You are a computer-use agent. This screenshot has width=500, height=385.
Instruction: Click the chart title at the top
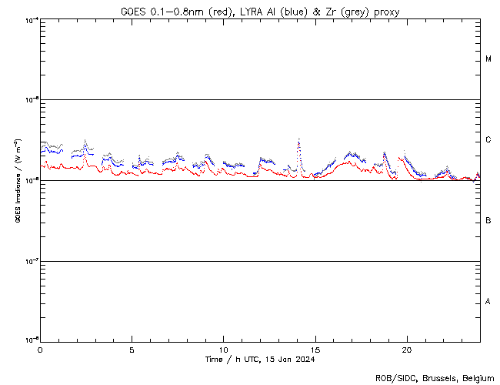click(x=260, y=12)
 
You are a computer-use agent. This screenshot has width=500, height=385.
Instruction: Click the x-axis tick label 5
click(x=132, y=350)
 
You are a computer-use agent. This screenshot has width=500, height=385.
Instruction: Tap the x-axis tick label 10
click(x=223, y=350)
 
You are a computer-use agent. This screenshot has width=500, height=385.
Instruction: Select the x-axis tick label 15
click(x=315, y=350)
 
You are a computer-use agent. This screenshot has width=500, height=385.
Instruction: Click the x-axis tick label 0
click(x=40, y=350)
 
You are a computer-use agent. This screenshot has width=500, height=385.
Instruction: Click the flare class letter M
click(x=488, y=59)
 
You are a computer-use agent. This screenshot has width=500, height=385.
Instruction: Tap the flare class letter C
click(x=488, y=140)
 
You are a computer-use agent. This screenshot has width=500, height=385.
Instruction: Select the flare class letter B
click(x=488, y=221)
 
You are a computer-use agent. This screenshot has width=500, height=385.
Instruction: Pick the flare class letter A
click(x=488, y=302)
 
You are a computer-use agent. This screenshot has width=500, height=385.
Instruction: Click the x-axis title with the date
click(x=260, y=360)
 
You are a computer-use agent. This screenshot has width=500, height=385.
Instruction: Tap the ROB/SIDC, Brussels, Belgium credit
click(x=434, y=378)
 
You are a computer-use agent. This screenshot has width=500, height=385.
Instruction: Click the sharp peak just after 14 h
click(x=298, y=140)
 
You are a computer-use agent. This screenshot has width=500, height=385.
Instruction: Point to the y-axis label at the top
click(x=29, y=19)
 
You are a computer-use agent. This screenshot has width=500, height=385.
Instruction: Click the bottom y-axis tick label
click(x=29, y=340)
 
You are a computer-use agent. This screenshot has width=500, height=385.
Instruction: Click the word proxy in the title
click(x=385, y=12)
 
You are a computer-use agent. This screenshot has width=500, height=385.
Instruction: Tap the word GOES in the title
click(x=133, y=12)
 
